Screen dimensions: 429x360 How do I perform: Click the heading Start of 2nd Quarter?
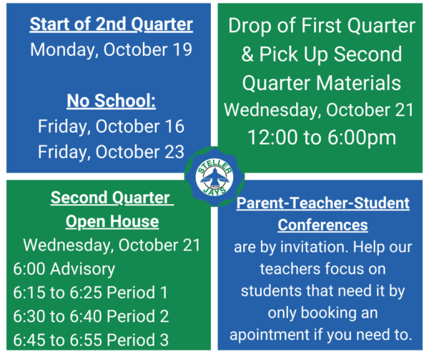(x=111, y=24)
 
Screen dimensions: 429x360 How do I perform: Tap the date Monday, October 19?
(x=111, y=50)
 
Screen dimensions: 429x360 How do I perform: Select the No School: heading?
(x=111, y=101)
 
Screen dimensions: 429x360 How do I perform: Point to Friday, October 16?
(x=111, y=127)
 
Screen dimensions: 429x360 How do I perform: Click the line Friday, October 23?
(x=111, y=152)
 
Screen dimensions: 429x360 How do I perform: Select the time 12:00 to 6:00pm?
(x=322, y=137)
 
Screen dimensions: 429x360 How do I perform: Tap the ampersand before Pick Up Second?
(x=247, y=54)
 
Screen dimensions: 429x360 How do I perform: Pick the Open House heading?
(x=112, y=221)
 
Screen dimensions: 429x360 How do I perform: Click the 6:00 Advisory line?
(x=64, y=269)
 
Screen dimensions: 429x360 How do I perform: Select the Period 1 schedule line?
(x=91, y=293)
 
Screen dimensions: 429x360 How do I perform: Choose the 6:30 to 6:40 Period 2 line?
(x=91, y=316)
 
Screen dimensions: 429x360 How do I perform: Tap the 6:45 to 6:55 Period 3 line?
(x=91, y=340)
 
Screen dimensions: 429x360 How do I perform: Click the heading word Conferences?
(x=323, y=225)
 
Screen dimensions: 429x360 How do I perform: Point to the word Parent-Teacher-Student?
(x=323, y=203)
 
